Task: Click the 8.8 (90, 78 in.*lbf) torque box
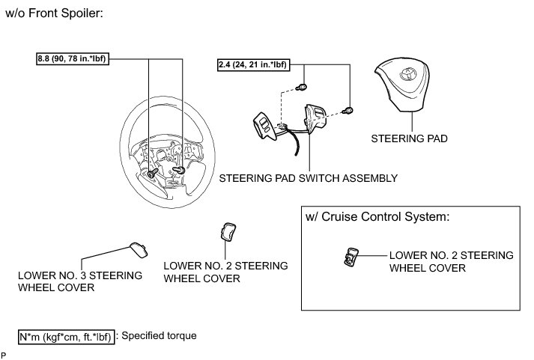73,59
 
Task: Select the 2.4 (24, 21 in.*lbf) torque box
254,64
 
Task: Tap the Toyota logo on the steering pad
407,74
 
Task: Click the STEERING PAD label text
409,138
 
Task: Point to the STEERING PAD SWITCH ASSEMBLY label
309,178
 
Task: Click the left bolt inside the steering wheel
153,172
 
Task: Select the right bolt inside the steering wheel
179,170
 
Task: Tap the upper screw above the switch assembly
301,87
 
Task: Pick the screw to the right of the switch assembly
348,111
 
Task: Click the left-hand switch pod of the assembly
264,126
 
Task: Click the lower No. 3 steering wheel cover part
139,250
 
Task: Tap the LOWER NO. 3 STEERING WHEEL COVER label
80,281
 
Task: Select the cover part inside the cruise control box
351,257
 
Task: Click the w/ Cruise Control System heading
377,217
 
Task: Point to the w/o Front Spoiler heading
54,13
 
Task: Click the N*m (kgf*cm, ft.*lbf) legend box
66,337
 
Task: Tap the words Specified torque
159,335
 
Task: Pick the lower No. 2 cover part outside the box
228,231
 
